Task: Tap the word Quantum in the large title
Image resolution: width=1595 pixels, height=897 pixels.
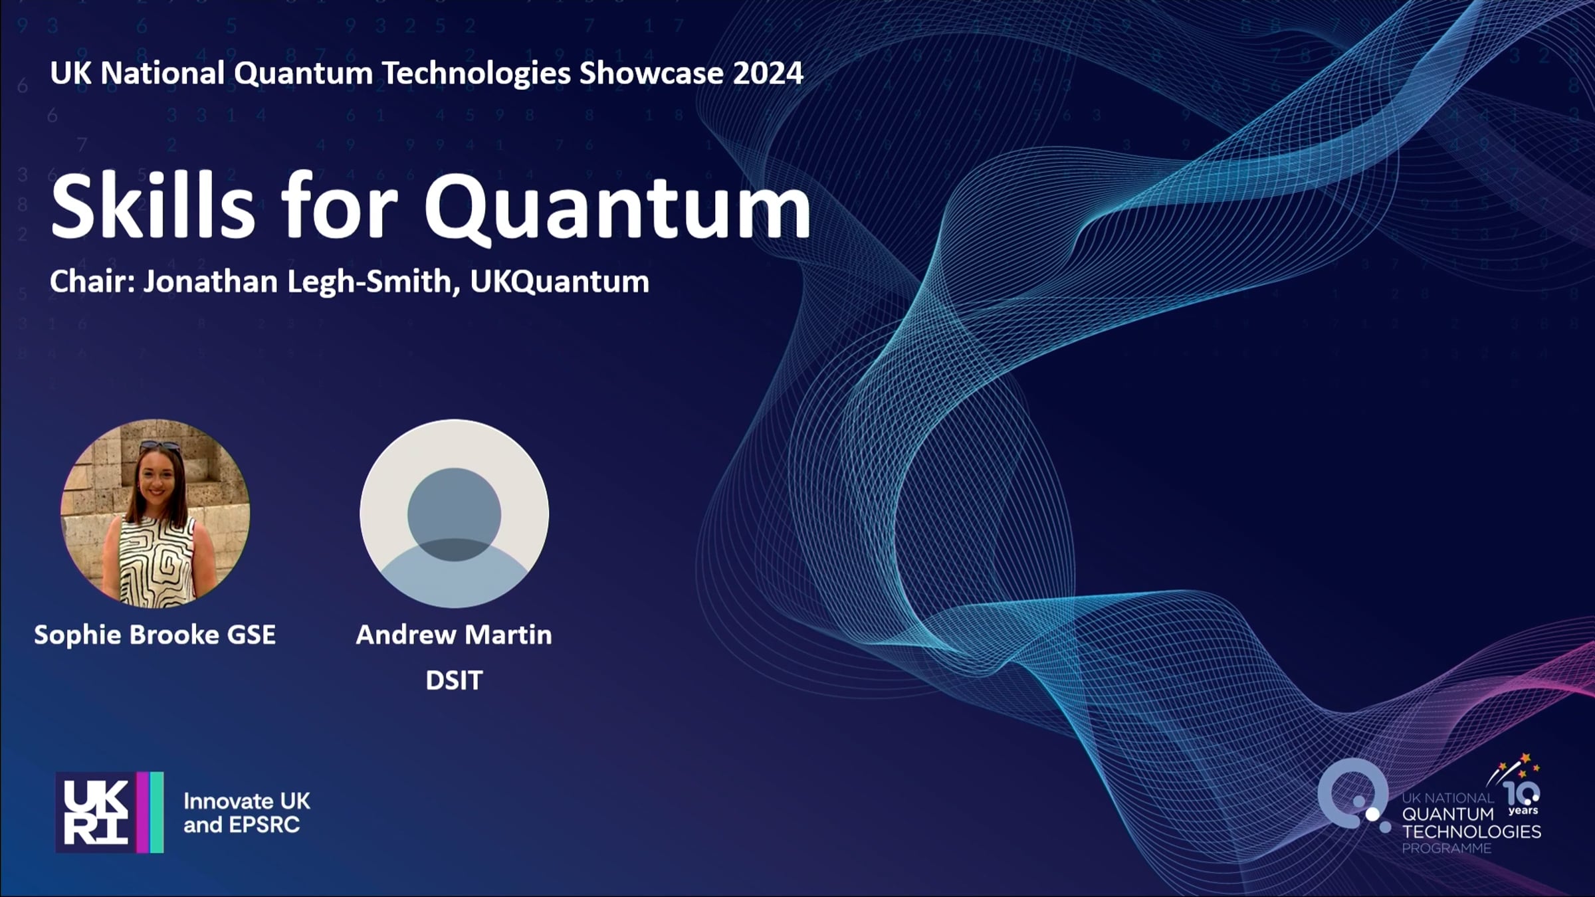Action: point(617,207)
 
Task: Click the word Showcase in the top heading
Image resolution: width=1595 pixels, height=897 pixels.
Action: point(651,73)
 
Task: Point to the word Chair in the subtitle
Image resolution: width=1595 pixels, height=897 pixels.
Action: point(92,281)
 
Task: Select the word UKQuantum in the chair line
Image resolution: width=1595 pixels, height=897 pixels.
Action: point(560,282)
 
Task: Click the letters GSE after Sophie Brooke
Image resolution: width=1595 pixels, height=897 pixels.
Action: point(251,635)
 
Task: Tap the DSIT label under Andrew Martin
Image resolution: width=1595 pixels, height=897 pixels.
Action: point(454,680)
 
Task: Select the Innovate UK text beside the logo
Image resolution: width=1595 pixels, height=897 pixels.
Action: point(247,801)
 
